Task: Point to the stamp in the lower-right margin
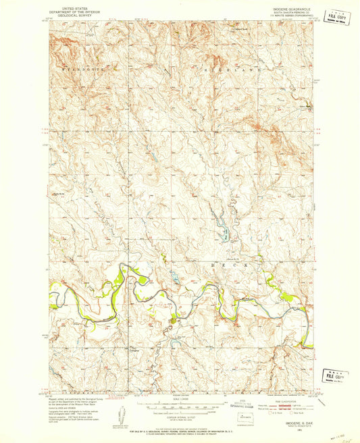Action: click(336, 376)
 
